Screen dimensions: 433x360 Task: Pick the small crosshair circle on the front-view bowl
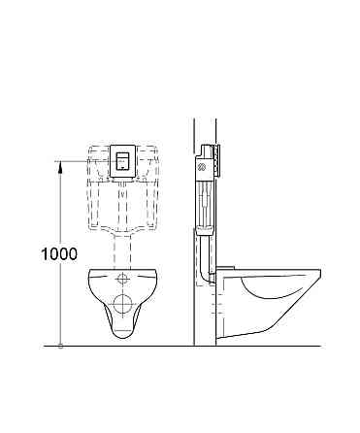click(x=124, y=281)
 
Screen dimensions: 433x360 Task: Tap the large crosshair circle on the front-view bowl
click(x=124, y=302)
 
